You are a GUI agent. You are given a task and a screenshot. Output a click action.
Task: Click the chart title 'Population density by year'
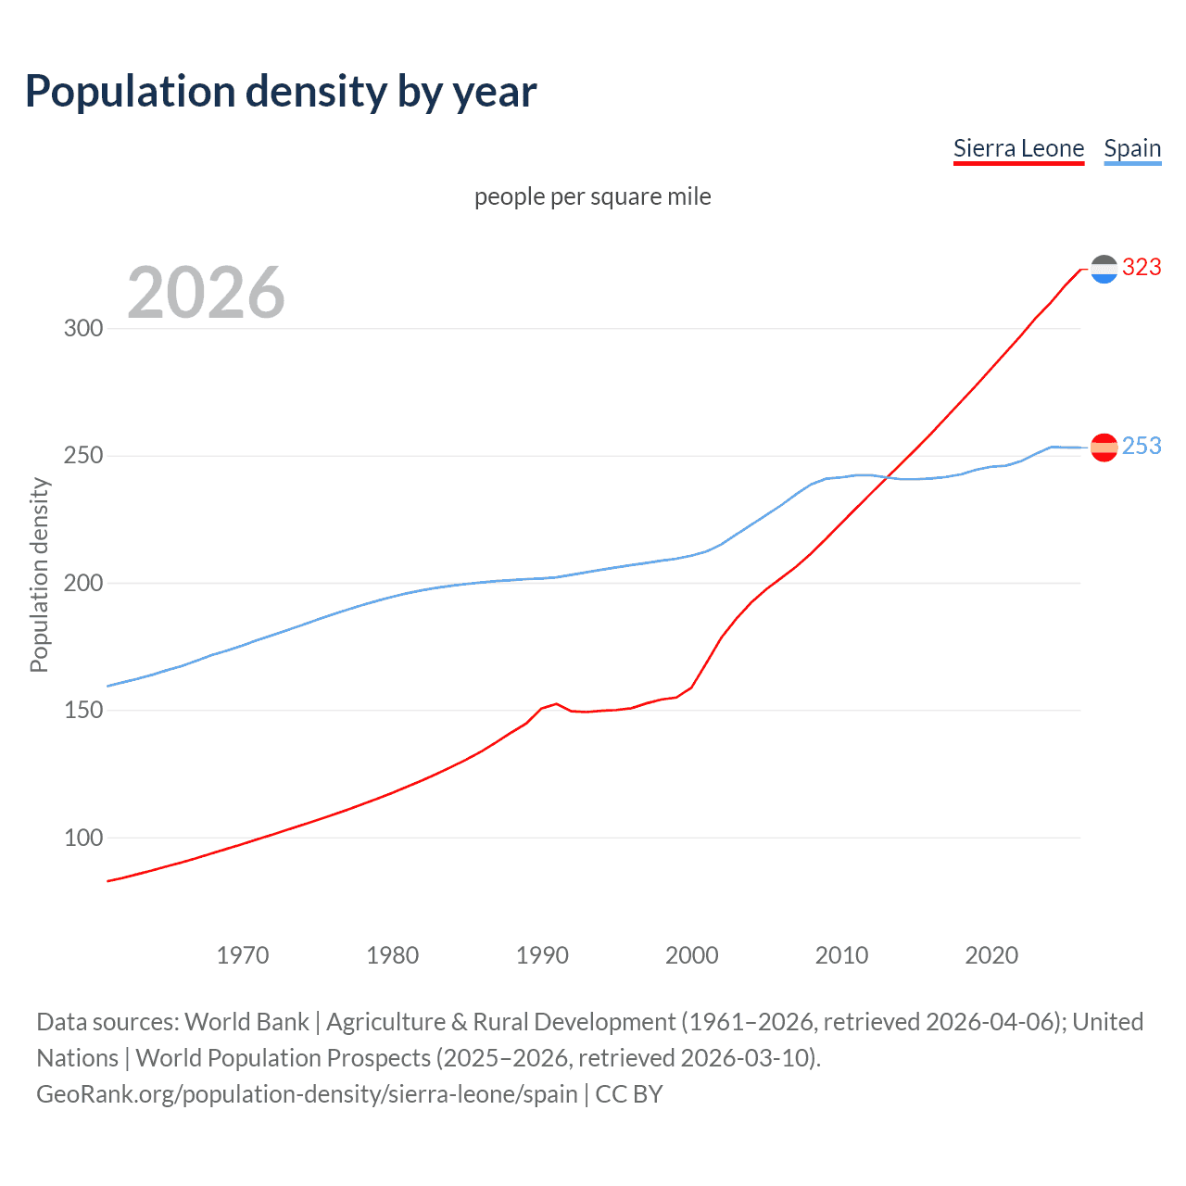[x=281, y=92]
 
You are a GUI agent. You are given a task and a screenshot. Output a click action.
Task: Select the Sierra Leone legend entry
[x=1018, y=148]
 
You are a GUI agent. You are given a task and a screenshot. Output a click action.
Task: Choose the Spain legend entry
[x=1132, y=148]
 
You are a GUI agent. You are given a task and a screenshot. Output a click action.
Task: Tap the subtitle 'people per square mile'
[x=592, y=196]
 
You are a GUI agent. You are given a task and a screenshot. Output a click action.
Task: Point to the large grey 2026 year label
[x=206, y=293]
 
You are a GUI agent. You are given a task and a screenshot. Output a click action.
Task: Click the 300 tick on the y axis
[x=82, y=329]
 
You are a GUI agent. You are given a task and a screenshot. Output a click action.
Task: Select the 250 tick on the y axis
[x=82, y=456]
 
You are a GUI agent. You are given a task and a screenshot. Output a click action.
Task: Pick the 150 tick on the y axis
[x=82, y=711]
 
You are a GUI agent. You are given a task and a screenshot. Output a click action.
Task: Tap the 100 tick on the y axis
[x=82, y=838]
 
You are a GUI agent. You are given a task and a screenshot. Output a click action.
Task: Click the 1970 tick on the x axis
[x=243, y=955]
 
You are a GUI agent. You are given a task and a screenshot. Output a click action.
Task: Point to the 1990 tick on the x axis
[x=542, y=955]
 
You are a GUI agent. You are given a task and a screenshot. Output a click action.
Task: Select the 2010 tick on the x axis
[x=841, y=955]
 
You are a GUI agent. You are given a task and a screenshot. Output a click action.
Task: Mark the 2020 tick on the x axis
[x=991, y=955]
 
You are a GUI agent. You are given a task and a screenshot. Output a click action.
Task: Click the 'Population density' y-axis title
[x=39, y=574]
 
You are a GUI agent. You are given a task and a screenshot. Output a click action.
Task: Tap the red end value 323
[x=1142, y=267]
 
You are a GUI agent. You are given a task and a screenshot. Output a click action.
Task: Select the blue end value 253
[x=1142, y=447]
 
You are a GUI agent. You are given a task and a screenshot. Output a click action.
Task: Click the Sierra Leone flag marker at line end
[x=1104, y=269]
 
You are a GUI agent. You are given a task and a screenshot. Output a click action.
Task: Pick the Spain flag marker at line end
[x=1104, y=448]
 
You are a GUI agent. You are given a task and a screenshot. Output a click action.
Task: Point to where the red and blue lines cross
[x=887, y=477]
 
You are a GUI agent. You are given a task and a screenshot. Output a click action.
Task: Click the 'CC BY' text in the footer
[x=629, y=1094]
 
